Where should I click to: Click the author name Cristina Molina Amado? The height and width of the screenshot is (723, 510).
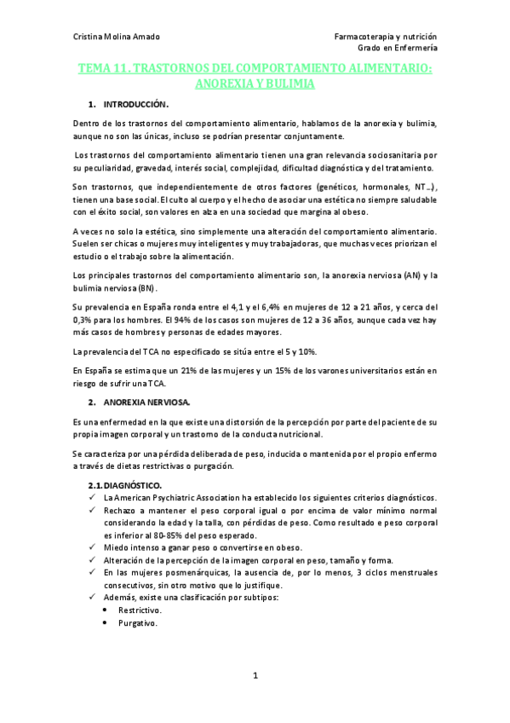pos(116,37)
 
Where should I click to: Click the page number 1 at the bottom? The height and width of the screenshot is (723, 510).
pos(255,675)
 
